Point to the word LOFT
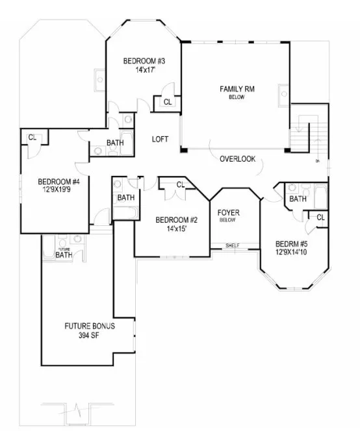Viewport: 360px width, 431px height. click(x=161, y=139)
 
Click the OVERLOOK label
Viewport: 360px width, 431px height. click(x=237, y=159)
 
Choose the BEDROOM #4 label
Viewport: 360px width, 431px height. click(x=58, y=182)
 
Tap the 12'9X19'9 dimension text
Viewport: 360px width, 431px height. click(x=58, y=190)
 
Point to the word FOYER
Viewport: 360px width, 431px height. click(x=227, y=212)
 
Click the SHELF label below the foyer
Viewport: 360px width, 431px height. click(x=232, y=245)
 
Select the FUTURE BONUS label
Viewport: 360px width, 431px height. click(x=89, y=326)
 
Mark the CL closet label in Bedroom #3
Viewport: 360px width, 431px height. click(x=167, y=102)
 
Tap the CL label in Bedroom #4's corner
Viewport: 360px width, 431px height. click(x=32, y=137)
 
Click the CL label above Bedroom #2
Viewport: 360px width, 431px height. click(x=180, y=186)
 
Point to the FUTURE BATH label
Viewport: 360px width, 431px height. click(x=64, y=254)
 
